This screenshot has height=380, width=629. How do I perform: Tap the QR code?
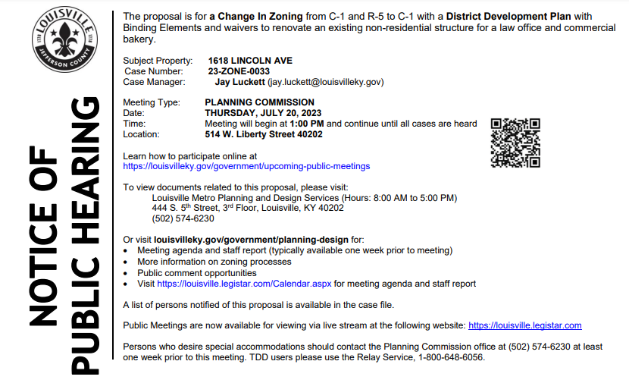(x=515, y=143)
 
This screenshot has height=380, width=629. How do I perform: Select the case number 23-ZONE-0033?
(x=239, y=71)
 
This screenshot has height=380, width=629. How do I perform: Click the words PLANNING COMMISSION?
(x=259, y=102)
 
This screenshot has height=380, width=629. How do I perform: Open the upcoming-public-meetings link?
(x=246, y=165)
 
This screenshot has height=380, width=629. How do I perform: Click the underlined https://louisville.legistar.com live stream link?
(x=525, y=325)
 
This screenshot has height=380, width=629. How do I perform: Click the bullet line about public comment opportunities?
(x=197, y=272)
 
